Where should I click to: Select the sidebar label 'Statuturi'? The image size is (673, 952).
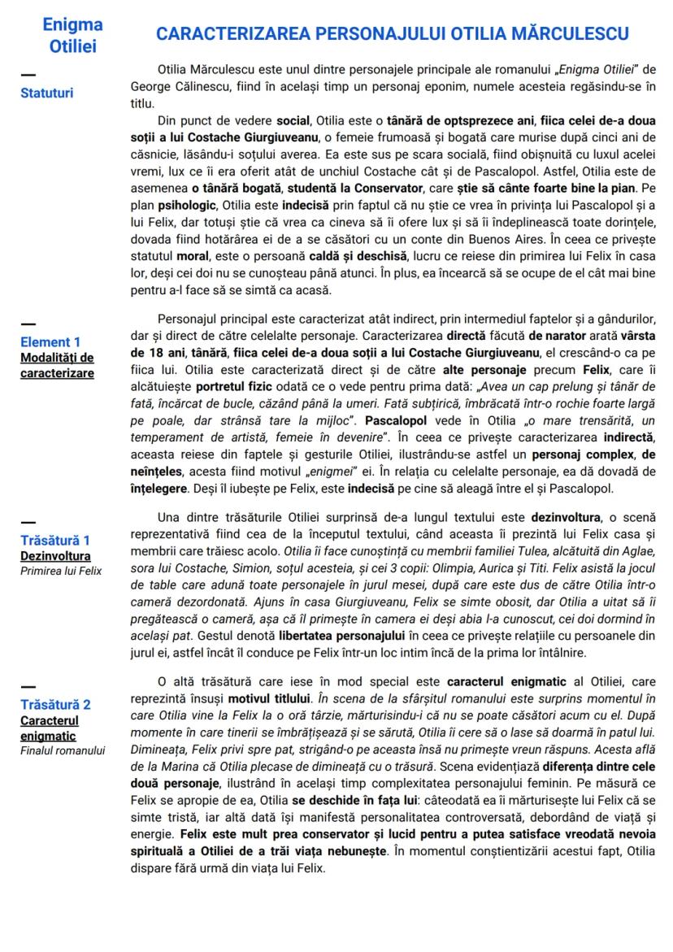[46, 93]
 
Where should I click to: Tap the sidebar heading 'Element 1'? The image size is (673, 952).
[50, 341]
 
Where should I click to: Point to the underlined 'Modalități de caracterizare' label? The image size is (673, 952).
[57, 365]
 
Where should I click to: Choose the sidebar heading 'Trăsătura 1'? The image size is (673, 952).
[54, 540]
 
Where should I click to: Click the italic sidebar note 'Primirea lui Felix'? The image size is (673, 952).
[61, 571]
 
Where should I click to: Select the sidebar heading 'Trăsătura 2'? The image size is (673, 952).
[54, 704]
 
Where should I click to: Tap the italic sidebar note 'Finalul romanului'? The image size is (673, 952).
[63, 749]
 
